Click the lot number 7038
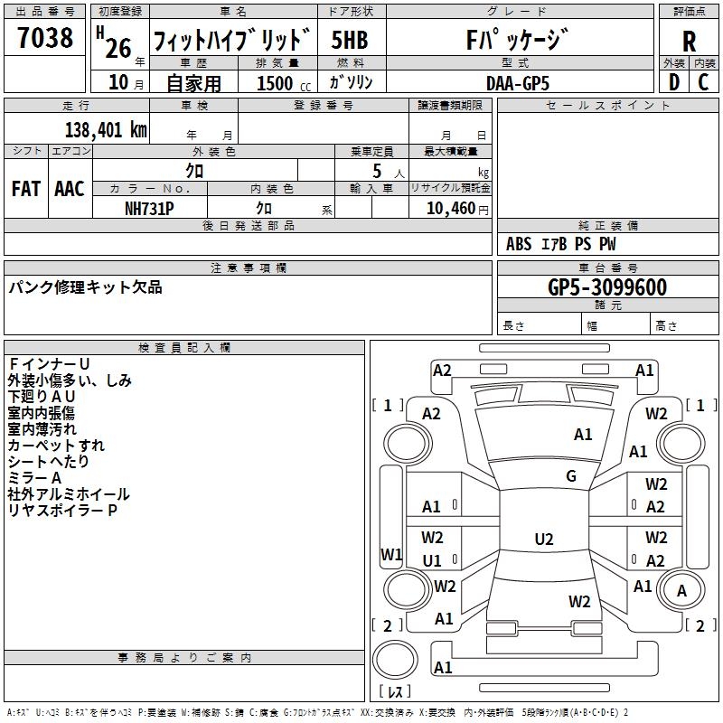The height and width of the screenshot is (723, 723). [x=45, y=38]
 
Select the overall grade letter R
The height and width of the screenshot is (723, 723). [x=689, y=42]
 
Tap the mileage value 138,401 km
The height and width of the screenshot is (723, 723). [x=106, y=130]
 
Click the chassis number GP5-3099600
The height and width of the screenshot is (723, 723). [x=607, y=287]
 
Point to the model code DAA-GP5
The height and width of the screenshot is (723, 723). [x=518, y=83]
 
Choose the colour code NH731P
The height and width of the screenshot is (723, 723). [x=149, y=209]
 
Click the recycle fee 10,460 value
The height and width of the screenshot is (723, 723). [x=451, y=209]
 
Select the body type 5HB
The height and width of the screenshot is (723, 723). [x=350, y=40]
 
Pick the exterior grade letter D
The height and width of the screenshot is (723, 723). [x=674, y=82]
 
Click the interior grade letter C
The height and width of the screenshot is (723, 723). [x=703, y=82]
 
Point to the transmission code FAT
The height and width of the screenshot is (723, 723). [x=26, y=189]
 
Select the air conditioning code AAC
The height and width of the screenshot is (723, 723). [x=70, y=189]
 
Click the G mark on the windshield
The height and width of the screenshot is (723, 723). [x=571, y=476]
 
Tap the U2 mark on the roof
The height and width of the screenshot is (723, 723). [x=544, y=539]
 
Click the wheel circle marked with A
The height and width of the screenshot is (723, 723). [x=681, y=590]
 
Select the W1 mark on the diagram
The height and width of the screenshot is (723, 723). [x=391, y=554]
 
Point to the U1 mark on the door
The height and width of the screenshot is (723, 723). [x=432, y=560]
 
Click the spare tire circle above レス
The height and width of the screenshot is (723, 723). [x=395, y=660]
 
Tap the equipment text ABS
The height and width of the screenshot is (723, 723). [x=518, y=244]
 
